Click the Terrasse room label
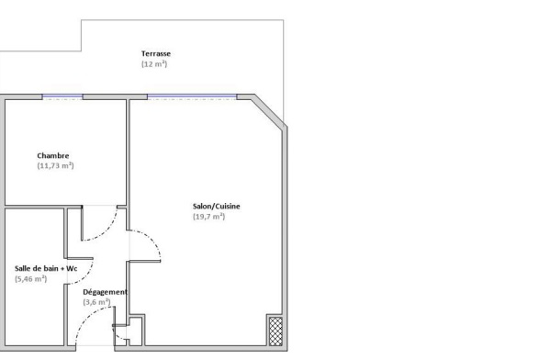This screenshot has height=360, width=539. (156, 53)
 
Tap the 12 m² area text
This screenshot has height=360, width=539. (154, 64)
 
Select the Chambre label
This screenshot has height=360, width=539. (53, 156)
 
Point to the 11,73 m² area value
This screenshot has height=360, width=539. (55, 165)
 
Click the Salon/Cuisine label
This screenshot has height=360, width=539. (216, 207)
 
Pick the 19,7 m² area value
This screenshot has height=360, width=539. (208, 217)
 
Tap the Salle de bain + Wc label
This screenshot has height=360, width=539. (46, 268)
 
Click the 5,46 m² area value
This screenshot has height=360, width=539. (30, 279)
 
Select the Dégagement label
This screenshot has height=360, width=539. (106, 292)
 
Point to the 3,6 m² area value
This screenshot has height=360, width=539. (96, 302)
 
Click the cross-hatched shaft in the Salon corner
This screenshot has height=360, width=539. (275, 332)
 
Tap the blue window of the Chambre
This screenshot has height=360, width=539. (62, 96)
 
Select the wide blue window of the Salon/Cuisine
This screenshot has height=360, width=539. (192, 96)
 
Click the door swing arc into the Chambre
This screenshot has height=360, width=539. (107, 231)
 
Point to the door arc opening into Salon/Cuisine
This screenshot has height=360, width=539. (153, 238)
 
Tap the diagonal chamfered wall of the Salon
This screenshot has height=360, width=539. (269, 112)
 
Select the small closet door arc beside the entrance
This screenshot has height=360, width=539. (117, 335)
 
